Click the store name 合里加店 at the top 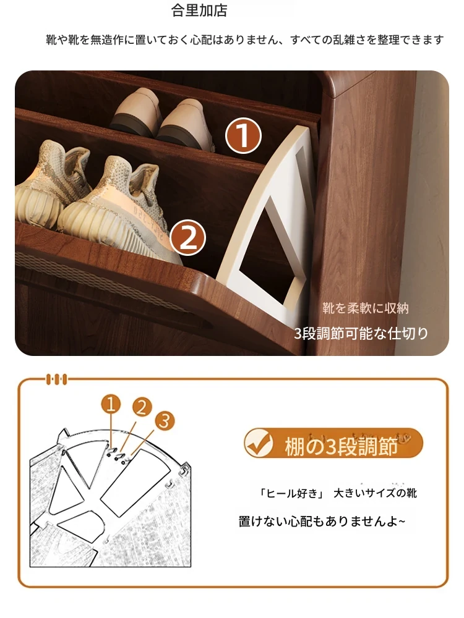[x=199, y=11]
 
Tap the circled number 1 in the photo [x=243, y=135]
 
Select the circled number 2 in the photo [x=188, y=237]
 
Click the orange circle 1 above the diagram [x=111, y=405]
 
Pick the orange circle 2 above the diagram [x=142, y=407]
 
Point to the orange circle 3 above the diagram [x=165, y=420]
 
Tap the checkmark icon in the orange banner [x=259, y=443]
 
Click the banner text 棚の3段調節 [x=341, y=447]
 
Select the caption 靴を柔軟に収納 [x=366, y=308]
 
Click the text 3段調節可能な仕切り [x=361, y=334]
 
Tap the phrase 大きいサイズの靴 [x=376, y=493]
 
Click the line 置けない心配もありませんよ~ [x=322, y=522]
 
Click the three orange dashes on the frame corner [x=57, y=379]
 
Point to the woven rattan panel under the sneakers [x=111, y=284]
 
